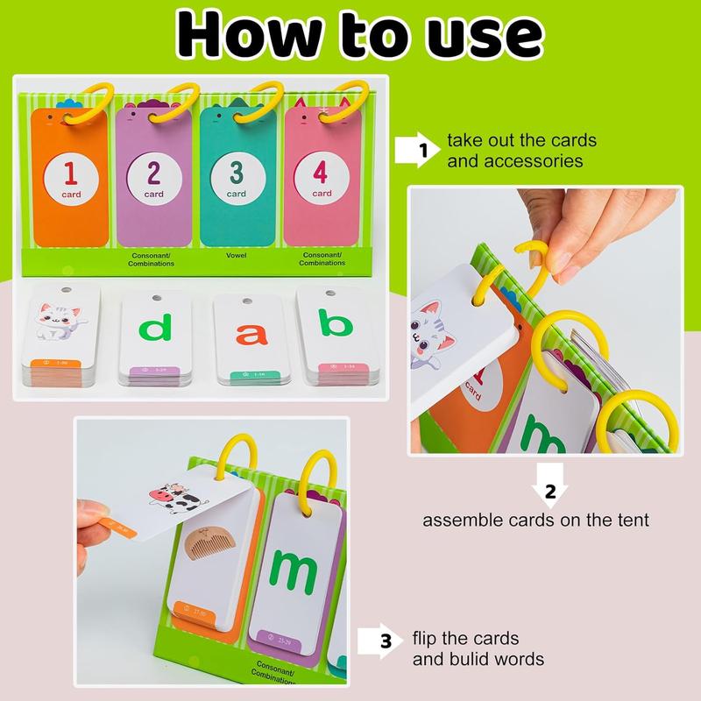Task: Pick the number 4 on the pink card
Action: [322, 170]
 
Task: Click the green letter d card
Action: [156, 329]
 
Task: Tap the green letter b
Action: [333, 328]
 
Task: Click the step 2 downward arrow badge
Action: [550, 491]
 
